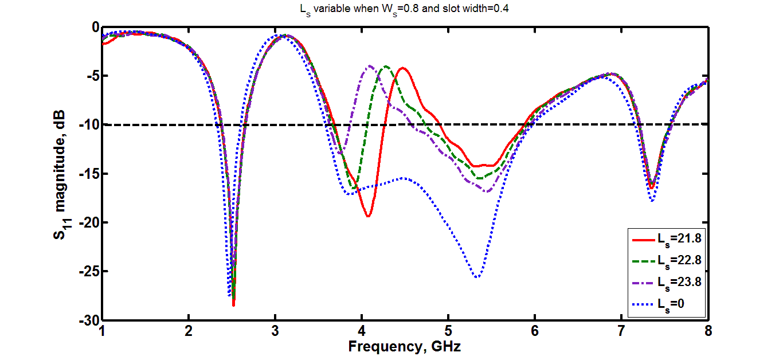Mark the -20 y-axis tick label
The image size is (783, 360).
(x=89, y=222)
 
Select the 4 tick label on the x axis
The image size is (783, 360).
(x=362, y=331)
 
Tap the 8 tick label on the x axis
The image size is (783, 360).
(x=708, y=331)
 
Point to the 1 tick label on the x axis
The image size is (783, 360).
(x=102, y=331)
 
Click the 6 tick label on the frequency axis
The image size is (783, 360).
(x=535, y=331)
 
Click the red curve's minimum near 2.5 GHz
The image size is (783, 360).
(x=234, y=305)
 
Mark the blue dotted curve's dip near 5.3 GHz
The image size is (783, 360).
(x=477, y=277)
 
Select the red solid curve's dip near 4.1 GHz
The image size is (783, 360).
(x=368, y=216)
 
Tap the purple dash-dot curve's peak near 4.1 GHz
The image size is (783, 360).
(x=370, y=65)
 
